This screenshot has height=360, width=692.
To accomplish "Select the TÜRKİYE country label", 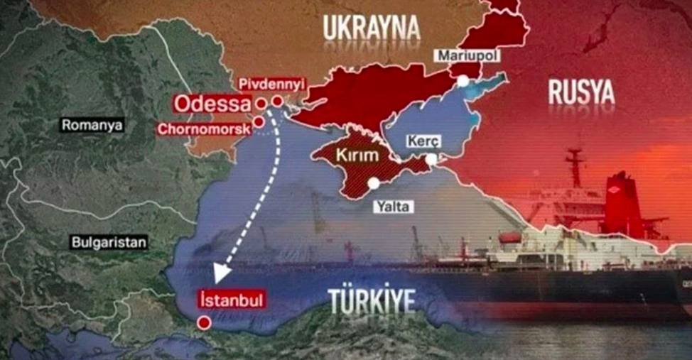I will tap(372, 301).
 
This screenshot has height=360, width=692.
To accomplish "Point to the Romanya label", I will tap(92, 126).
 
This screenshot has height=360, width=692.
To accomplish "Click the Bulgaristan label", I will tap(109, 242).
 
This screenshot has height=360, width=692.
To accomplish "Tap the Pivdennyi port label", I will tap(271, 84).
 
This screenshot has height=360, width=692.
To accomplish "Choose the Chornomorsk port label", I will tap(204, 129).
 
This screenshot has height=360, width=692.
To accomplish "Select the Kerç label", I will tap(420, 141).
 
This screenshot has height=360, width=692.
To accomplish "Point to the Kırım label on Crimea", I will tap(358, 155).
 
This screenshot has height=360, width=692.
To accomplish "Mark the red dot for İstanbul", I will tap(205, 323).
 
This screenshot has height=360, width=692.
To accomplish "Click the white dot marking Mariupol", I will tap(463, 81).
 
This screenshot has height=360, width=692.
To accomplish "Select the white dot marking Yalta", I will tap(374, 183).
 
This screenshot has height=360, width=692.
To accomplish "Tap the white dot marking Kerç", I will tap(431, 159).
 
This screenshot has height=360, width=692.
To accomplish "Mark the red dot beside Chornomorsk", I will tap(259, 122).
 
